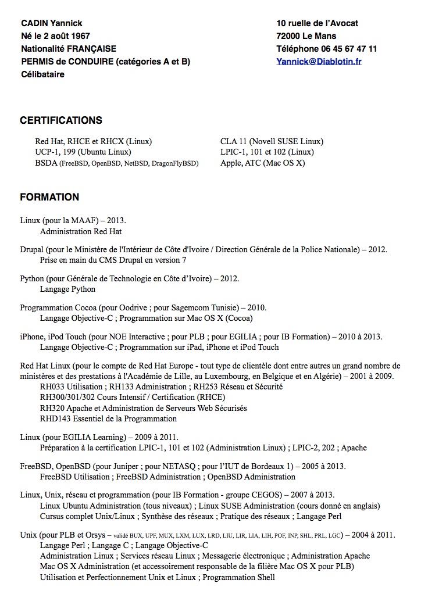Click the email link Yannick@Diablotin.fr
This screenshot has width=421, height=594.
pyautogui.click(x=319, y=62)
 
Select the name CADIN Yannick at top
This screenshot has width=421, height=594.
pyautogui.click(x=52, y=23)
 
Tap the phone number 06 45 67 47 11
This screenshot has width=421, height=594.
pyautogui.click(x=349, y=49)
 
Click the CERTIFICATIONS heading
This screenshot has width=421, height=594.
pyautogui.click(x=61, y=120)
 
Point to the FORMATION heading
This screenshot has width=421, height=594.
pyautogui.click(x=49, y=197)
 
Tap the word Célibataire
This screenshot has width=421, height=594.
pyautogui.click(x=42, y=74)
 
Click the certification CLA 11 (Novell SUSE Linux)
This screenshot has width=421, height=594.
pyautogui.click(x=272, y=141)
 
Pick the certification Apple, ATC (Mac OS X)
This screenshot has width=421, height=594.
pyautogui.click(x=262, y=163)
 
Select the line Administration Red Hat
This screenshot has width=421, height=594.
pyautogui.click(x=81, y=231)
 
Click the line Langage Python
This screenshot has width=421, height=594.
pyautogui.click(x=67, y=289)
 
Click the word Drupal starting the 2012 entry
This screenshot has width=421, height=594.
pyautogui.click(x=32, y=249)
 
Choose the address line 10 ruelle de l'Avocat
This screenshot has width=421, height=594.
pyautogui.click(x=317, y=23)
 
